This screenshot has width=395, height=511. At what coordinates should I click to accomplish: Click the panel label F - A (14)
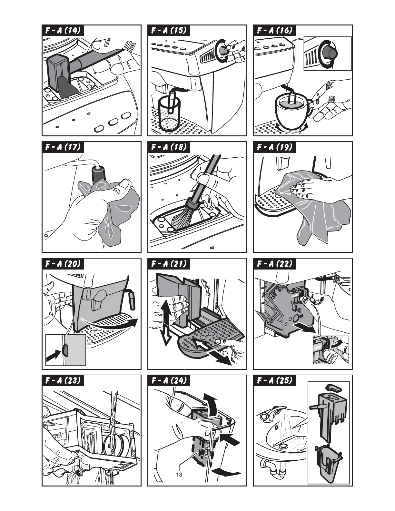(x=63, y=30)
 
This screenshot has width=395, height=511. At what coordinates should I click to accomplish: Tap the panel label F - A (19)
(x=275, y=147)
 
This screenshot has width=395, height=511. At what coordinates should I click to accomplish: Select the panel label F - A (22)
(x=275, y=264)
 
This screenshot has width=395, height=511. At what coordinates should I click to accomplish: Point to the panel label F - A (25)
(x=275, y=380)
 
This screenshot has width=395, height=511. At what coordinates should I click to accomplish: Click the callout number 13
(x=179, y=475)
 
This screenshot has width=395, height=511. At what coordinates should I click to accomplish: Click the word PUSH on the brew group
(x=294, y=296)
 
